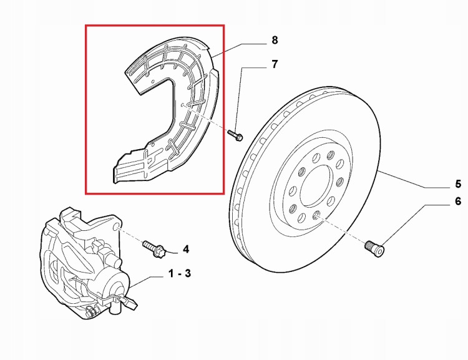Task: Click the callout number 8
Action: tap(275, 41)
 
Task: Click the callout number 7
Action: tap(275, 64)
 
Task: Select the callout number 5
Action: tap(457, 183)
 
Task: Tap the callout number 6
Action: tap(457, 202)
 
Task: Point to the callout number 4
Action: tap(185, 250)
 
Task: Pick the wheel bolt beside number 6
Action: tap(374, 248)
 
